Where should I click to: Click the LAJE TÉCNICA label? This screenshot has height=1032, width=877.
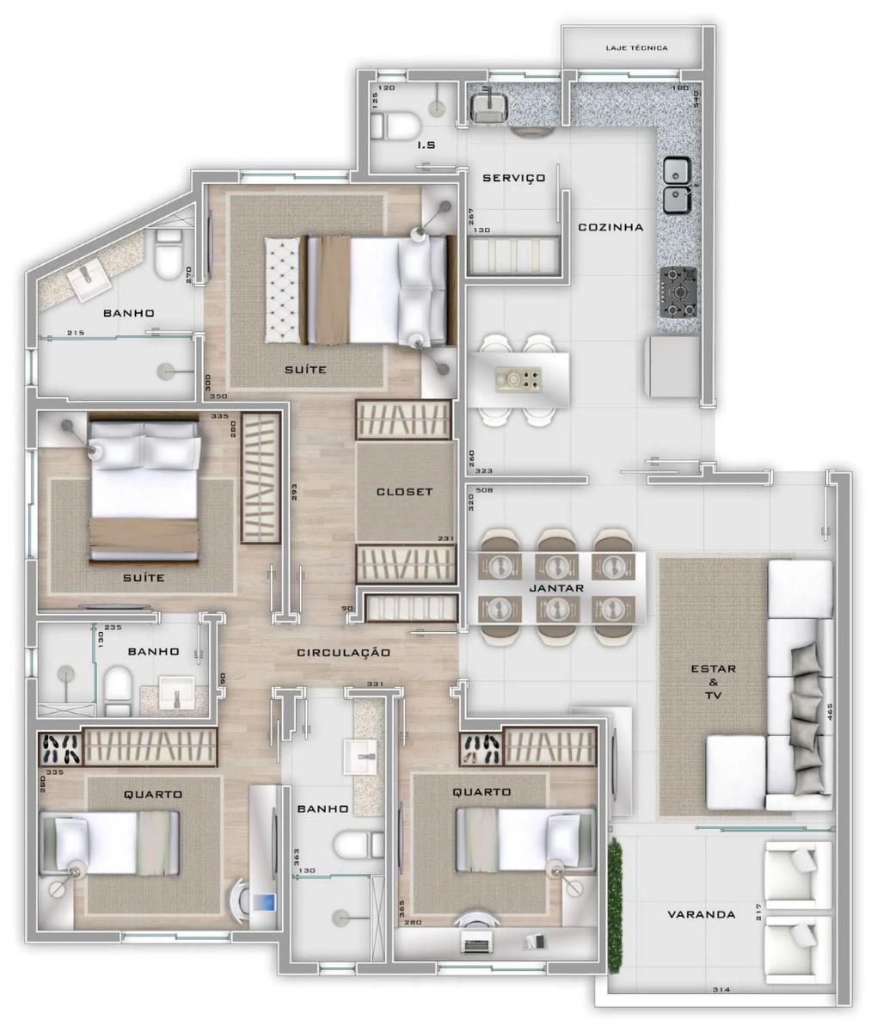click(636, 48)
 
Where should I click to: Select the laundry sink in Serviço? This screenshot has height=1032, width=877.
click(489, 107)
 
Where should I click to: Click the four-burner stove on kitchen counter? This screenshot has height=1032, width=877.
click(678, 290)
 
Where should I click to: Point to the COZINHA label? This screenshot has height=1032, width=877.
click(610, 228)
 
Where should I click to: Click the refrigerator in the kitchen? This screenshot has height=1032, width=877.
click(673, 365)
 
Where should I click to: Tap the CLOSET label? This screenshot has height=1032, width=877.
click(404, 493)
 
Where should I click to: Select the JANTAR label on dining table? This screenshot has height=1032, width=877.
click(557, 588)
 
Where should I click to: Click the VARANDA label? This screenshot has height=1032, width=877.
click(702, 914)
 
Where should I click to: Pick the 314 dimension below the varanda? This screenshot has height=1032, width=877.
click(721, 991)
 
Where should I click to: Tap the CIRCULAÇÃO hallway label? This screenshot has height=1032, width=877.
click(343, 653)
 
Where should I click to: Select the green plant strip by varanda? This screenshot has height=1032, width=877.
click(616, 886)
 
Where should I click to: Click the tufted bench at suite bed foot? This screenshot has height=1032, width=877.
click(285, 290)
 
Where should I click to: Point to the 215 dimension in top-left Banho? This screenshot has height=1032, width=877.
click(75, 333)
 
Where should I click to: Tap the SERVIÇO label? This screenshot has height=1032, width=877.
click(513, 178)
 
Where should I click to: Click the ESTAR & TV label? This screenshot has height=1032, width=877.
click(713, 681)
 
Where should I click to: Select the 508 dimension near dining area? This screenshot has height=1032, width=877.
click(489, 492)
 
